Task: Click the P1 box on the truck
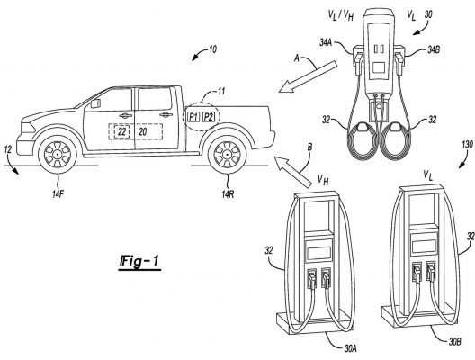(193, 117)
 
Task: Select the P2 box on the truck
(209, 117)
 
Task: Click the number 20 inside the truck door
(142, 131)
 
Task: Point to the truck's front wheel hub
(57, 155)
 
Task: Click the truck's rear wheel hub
(227, 155)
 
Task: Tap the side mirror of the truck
(95, 103)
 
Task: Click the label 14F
(58, 194)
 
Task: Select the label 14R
(228, 194)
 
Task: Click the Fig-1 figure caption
(139, 261)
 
